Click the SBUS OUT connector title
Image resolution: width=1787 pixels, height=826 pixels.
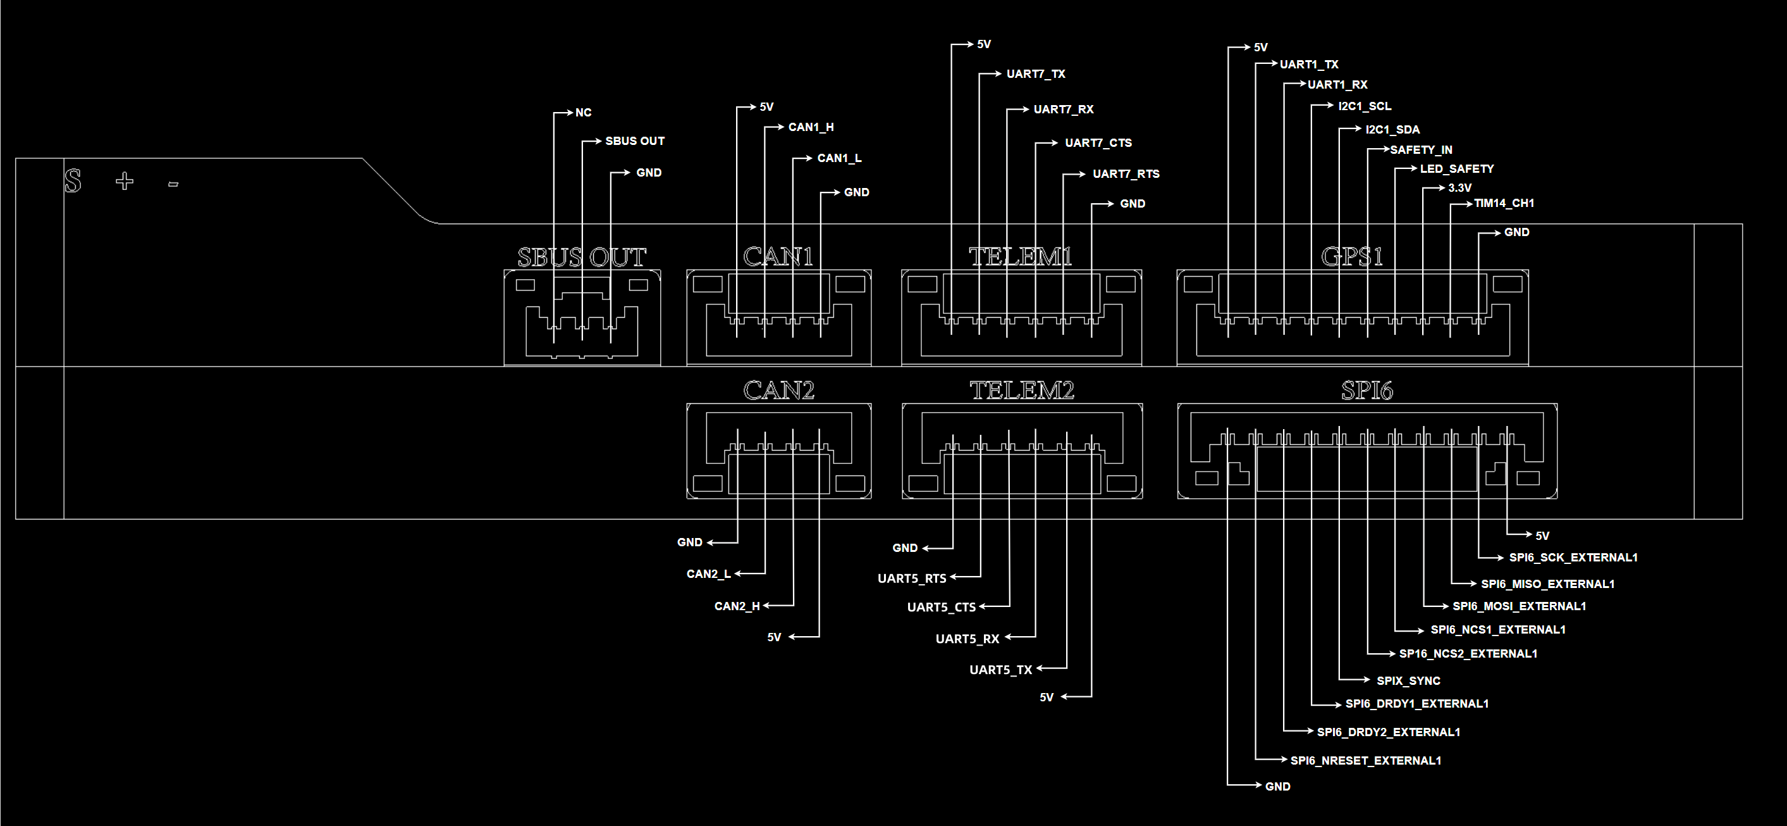581,258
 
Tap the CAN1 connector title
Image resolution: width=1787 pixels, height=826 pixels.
778,257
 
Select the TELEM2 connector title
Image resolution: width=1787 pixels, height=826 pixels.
1022,391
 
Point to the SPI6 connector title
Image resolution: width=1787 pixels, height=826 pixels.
1366,391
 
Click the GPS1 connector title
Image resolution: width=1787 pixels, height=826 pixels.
1352,257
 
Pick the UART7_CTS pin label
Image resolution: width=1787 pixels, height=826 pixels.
1098,143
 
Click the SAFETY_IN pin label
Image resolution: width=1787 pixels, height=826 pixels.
1421,150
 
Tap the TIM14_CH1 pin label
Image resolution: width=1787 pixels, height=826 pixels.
1504,203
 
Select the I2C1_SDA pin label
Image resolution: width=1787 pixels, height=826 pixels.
1392,130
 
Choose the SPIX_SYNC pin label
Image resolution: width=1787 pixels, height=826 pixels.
1408,681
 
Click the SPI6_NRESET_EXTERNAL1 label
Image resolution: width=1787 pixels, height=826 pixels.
1365,761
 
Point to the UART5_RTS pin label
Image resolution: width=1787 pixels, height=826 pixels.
912,579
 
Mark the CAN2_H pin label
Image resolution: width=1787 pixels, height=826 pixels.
737,606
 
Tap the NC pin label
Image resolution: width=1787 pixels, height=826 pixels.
584,113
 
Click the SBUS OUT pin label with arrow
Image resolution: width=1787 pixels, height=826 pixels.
635,141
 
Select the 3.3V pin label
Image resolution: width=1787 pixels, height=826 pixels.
1459,188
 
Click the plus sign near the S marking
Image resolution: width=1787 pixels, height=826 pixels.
125,182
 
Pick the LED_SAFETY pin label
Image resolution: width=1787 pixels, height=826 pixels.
1457,168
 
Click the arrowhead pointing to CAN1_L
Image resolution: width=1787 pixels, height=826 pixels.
808,158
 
